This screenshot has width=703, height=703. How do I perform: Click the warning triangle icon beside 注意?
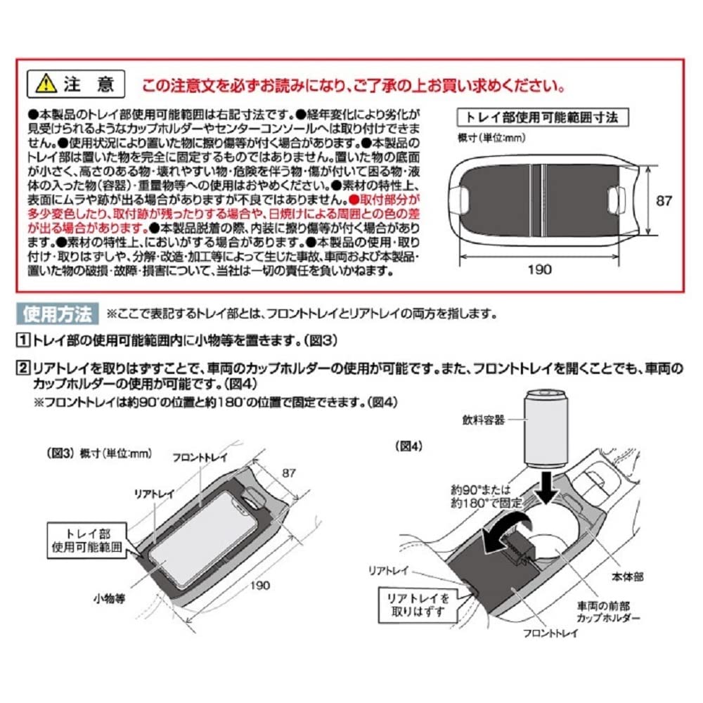click(46, 85)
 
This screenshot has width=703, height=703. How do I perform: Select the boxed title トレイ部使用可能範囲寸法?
click(542, 117)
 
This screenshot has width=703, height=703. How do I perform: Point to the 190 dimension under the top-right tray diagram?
click(540, 269)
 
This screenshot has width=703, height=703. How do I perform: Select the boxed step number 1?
click(23, 341)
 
